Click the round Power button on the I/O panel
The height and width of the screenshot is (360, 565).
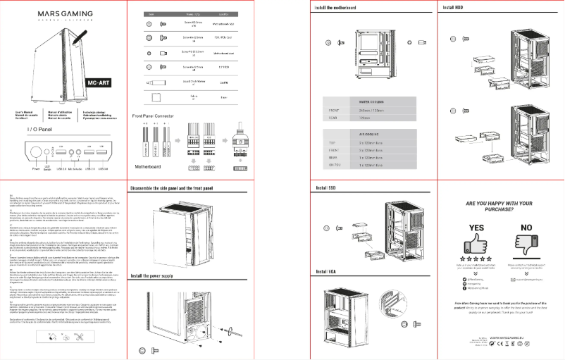pyautogui.click(x=36, y=151)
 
